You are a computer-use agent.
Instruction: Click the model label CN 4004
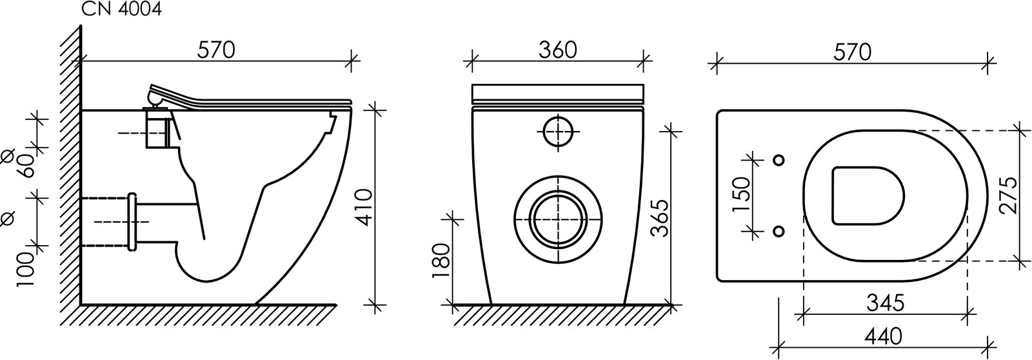coord(122,9)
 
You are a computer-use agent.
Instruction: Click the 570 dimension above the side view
coord(216,50)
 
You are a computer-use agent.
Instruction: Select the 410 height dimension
coord(364,207)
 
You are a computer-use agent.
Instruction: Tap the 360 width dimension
coord(557,50)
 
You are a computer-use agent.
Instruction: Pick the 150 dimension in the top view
coord(742,194)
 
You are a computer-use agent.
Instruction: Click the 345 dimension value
coord(885,303)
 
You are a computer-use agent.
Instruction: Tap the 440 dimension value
coord(883,337)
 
